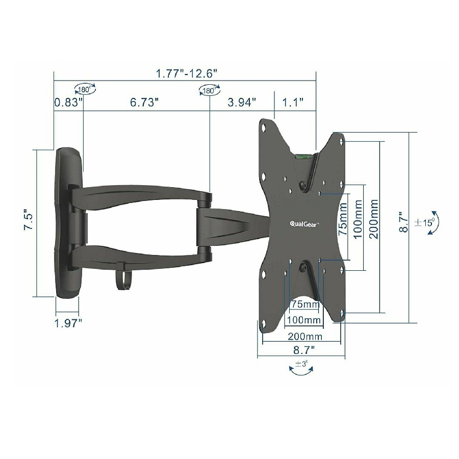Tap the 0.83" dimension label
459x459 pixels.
point(68,103)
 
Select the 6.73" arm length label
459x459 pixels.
point(144,103)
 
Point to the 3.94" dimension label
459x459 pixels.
point(242,103)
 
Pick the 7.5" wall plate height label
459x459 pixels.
point(29,222)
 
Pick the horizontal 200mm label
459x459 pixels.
point(304,336)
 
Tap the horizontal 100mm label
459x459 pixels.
point(304,320)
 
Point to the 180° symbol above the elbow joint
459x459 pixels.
point(208,91)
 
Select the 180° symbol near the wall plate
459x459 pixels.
point(85,90)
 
